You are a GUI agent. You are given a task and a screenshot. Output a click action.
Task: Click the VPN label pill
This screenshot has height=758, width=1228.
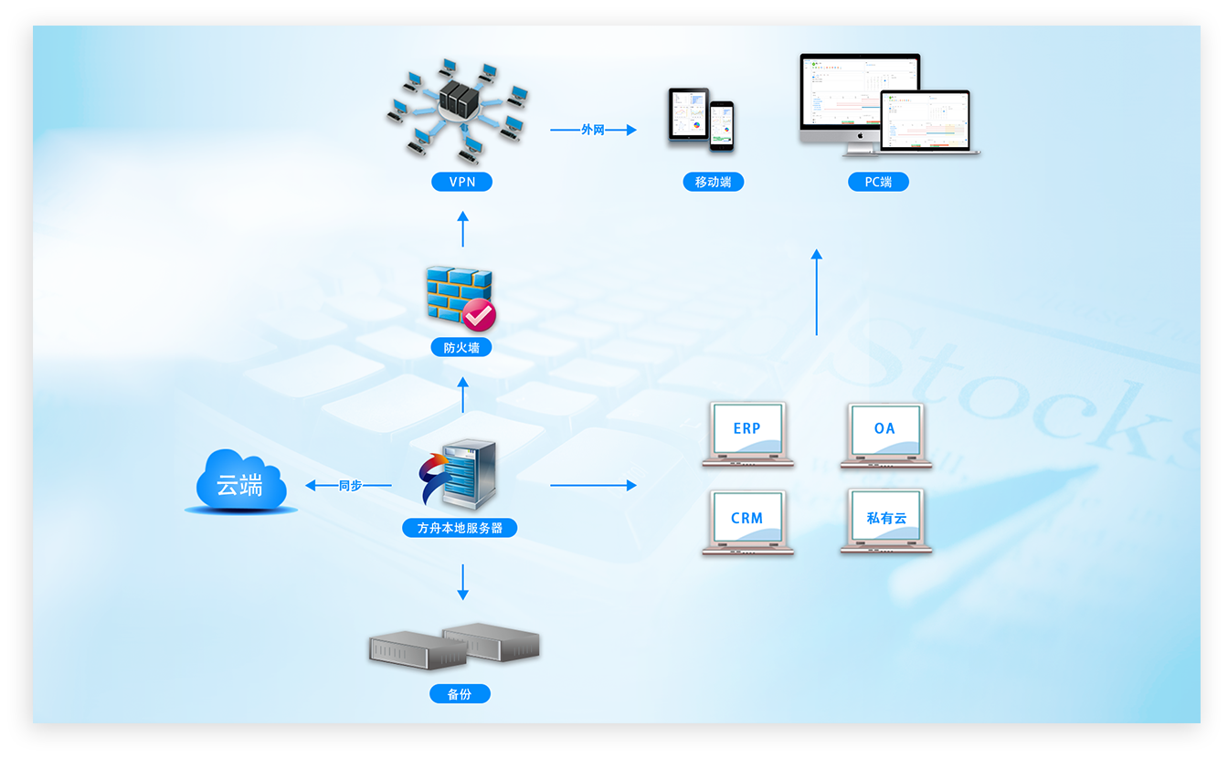pos(462,182)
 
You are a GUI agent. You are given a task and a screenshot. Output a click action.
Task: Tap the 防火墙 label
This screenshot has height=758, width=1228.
pos(462,347)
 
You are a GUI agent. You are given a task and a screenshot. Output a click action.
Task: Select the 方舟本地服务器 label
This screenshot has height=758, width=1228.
pos(460,528)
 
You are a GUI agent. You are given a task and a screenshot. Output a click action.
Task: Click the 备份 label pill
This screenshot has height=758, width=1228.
pos(460,694)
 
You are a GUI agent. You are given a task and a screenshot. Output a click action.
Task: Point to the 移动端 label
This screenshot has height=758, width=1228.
pos(713,182)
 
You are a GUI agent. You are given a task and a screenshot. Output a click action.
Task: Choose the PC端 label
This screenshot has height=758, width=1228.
pos(878,182)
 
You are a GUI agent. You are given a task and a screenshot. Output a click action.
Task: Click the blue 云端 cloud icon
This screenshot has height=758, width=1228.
pos(240,481)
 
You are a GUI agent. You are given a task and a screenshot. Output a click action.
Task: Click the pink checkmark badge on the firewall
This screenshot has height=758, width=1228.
pos(479,315)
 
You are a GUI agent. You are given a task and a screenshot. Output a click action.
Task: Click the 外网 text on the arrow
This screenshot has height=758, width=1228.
pos(593,130)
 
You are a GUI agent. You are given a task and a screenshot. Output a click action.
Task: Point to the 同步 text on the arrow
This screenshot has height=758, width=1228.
pos(350,486)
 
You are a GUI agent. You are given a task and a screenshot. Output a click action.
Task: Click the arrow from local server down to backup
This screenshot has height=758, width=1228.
pos(462,582)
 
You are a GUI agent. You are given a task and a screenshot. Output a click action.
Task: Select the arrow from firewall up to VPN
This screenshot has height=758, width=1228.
pos(462,229)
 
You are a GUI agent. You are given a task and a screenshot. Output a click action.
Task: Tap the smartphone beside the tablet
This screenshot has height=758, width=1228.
pos(722,125)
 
